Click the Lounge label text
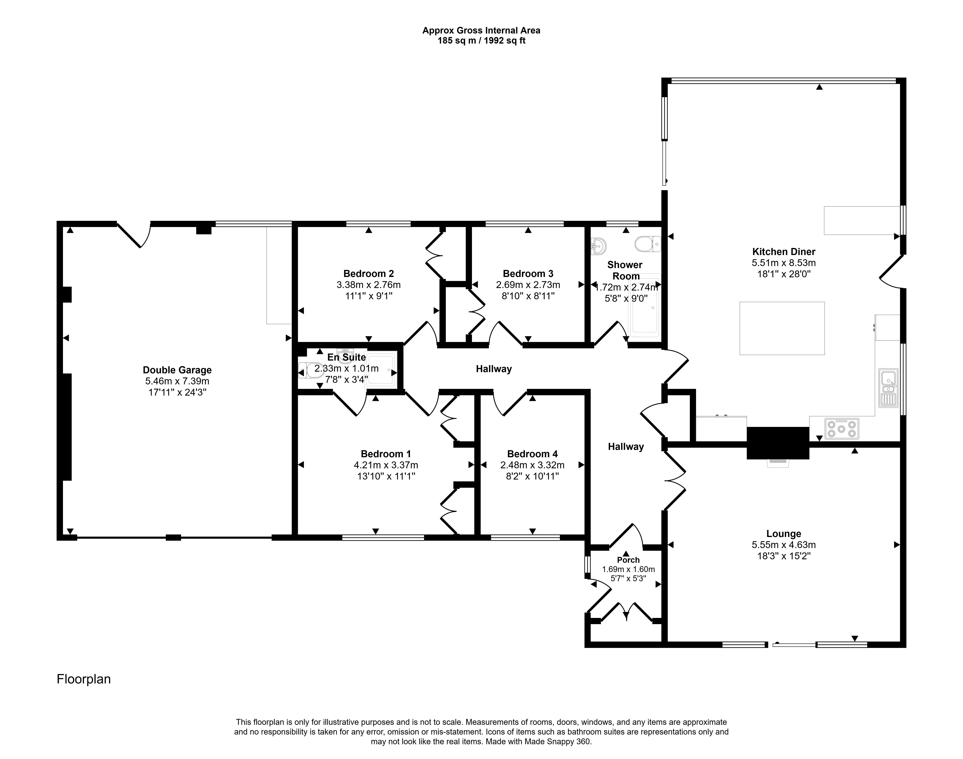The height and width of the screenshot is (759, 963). click(x=784, y=534)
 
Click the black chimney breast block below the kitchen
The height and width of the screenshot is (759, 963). click(x=778, y=443)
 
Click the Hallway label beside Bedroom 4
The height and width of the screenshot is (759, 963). click(x=626, y=447)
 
